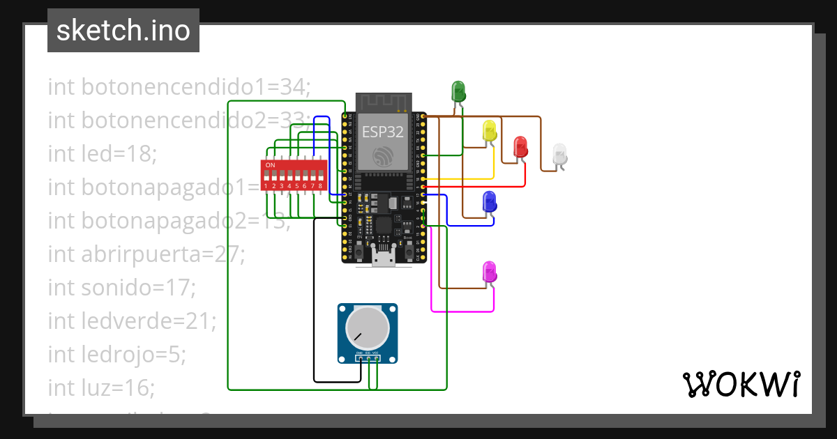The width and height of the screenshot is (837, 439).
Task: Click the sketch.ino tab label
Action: click(123, 31)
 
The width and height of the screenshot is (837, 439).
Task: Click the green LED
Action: click(458, 90)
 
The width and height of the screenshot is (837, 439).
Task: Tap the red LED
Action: click(520, 146)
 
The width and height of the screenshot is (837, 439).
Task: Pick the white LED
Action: click(559, 155)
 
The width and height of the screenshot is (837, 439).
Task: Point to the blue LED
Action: click(490, 201)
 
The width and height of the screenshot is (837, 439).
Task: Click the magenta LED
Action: click(490, 272)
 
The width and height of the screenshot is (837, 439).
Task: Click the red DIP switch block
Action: click(294, 176)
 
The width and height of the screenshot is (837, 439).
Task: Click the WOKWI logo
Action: click(741, 384)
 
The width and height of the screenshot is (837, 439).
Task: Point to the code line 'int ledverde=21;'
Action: click(132, 321)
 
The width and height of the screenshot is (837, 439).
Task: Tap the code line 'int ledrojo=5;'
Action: click(116, 355)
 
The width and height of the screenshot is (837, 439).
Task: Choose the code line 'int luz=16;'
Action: click(101, 388)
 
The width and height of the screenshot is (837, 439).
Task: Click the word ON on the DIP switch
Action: click(270, 165)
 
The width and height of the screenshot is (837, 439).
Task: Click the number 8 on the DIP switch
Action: click(320, 186)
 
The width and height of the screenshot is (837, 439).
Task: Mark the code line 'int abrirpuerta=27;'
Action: click(146, 254)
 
